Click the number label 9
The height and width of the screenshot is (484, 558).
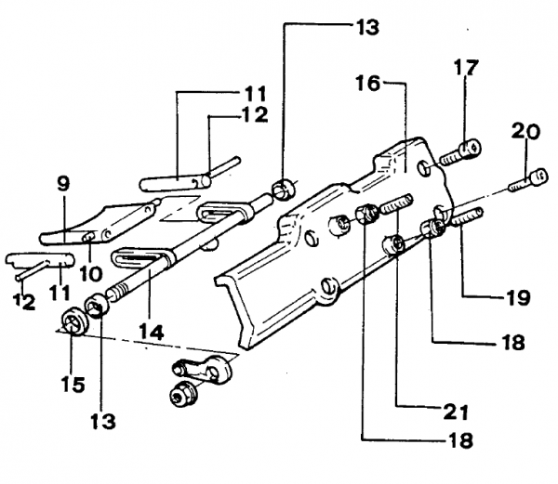[62, 184]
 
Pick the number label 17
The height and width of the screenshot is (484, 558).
[465, 67]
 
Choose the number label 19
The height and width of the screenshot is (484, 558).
[518, 298]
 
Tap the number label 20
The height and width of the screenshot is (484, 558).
[525, 131]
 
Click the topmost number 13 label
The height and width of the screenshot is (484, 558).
[365, 27]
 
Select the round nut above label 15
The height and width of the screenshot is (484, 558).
[73, 323]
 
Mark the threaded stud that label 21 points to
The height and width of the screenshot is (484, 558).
[395, 203]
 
